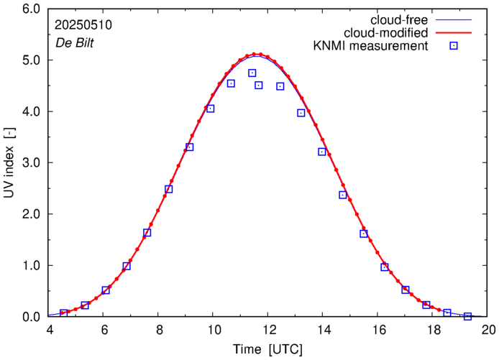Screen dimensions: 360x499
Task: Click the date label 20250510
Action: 82,25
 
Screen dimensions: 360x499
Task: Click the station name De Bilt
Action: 74,42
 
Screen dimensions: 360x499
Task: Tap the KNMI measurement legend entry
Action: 371,47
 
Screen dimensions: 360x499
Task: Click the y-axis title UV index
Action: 11,163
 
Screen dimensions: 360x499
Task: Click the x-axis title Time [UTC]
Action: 269,349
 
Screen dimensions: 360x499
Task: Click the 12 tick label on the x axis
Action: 269,330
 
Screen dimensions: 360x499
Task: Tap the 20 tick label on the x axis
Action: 488,330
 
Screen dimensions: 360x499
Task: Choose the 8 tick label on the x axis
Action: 159,330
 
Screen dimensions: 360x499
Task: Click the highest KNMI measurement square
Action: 252,73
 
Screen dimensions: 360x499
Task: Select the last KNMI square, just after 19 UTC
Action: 467,316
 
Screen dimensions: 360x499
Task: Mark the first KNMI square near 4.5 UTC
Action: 64,313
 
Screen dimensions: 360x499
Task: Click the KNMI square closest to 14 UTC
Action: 322,152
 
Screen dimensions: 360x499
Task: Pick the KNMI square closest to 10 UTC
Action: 211,109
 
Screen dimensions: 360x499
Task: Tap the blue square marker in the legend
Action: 454,47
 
